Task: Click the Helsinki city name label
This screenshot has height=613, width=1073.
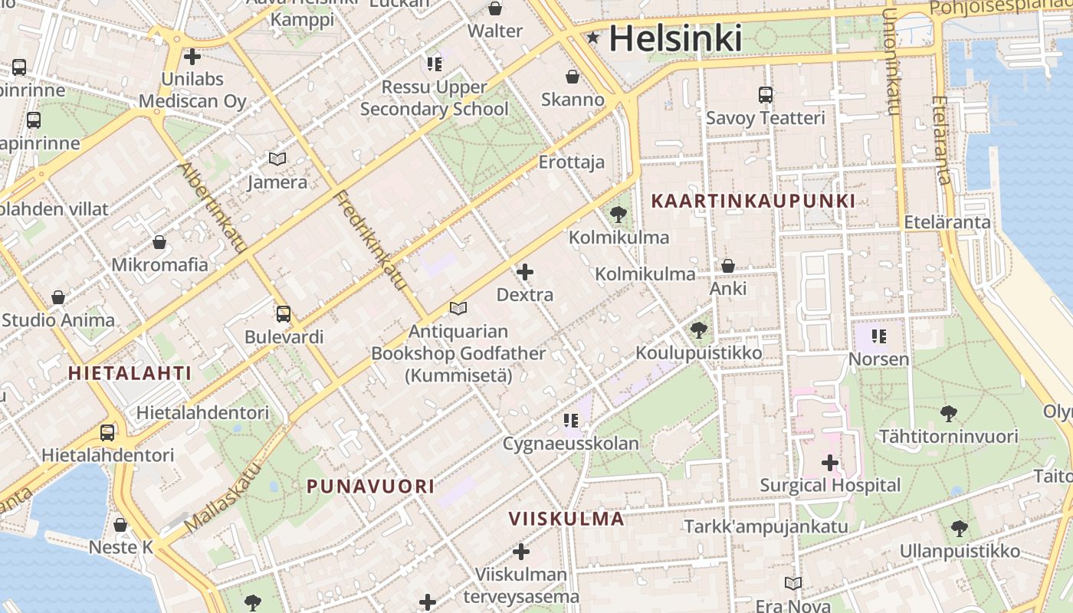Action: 675,38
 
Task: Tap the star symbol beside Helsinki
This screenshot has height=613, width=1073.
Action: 593,37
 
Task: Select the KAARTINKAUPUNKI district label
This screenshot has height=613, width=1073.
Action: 753,202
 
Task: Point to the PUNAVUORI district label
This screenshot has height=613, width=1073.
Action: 371,486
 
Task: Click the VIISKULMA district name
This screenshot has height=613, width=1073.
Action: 566,519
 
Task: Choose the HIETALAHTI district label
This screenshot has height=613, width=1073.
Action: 130,373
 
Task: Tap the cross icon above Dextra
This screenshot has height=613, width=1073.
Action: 525,272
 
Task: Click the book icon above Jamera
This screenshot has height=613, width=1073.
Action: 277,159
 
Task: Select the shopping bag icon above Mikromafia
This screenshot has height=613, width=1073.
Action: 159,242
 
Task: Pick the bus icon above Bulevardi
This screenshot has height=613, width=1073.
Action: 284,314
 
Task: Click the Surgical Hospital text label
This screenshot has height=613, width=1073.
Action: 830,485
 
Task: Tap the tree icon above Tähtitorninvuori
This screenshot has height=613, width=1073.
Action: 949,414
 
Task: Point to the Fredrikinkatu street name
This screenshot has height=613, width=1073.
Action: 370,240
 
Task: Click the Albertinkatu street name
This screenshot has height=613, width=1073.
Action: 212,208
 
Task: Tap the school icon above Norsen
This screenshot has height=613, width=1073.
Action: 878,336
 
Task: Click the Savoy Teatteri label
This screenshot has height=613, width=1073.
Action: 765,118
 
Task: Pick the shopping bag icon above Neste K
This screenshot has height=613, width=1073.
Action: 120,525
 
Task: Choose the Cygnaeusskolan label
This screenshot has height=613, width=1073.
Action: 570,444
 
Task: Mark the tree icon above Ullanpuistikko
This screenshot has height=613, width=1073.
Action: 959,528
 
